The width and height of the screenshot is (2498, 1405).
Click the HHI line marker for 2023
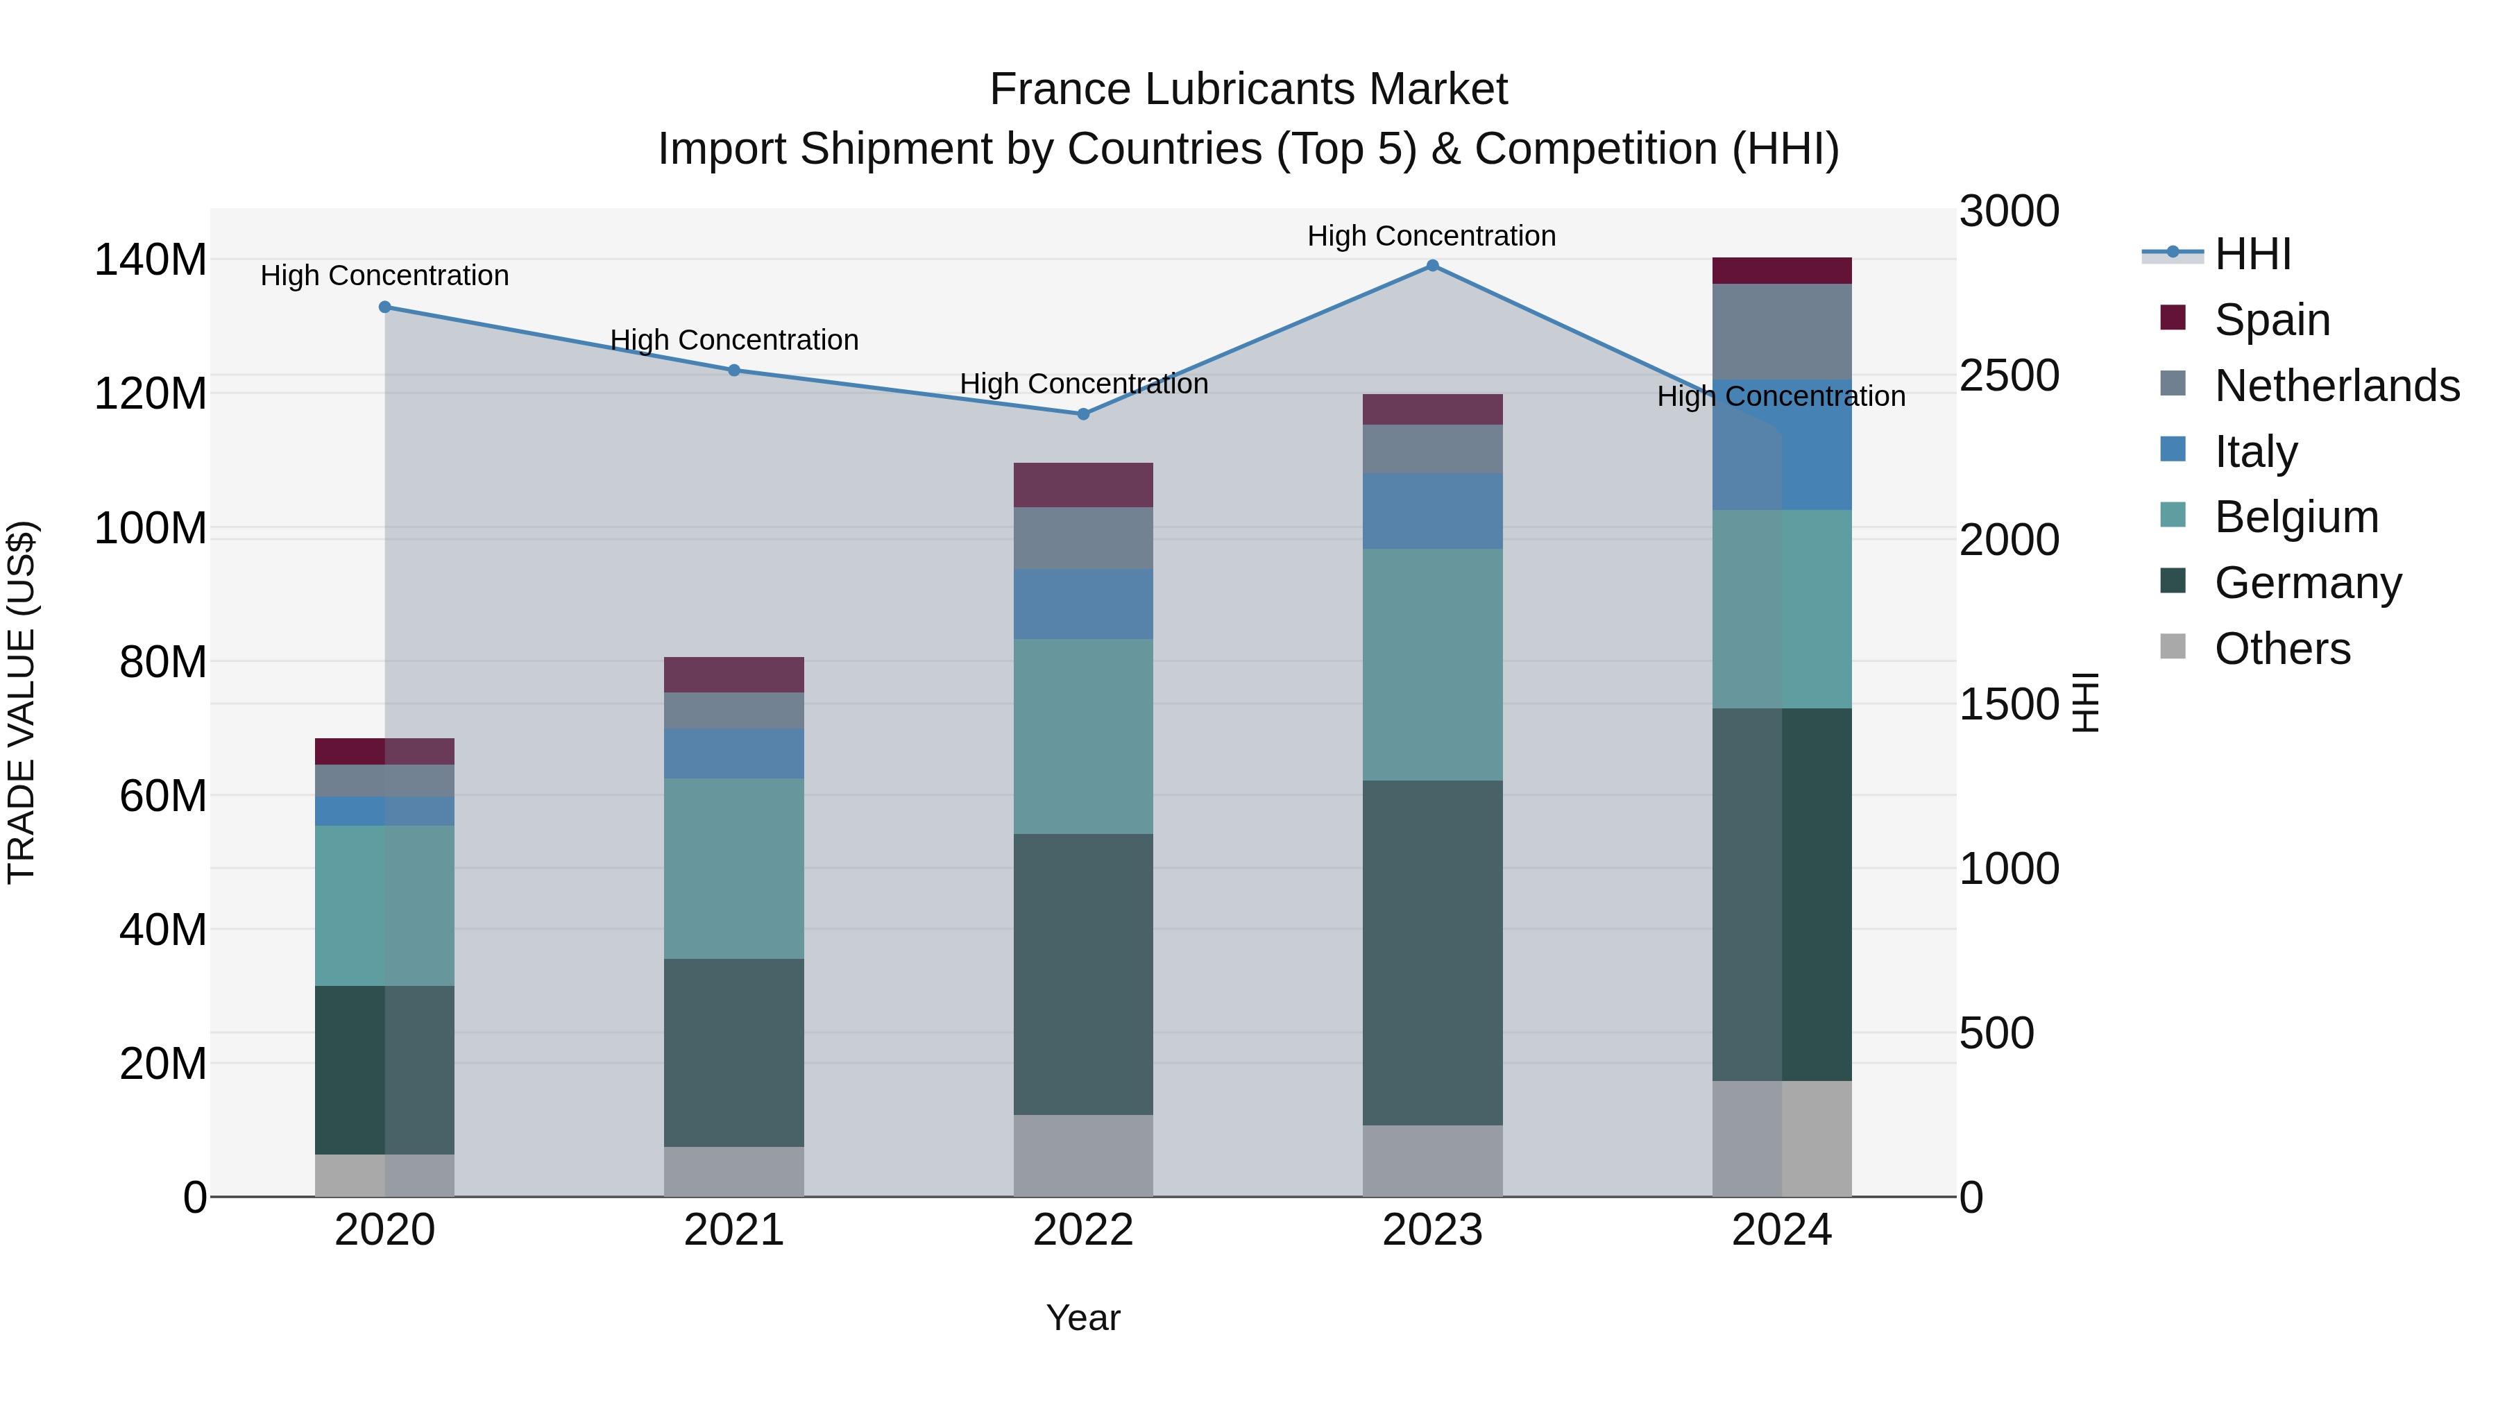pyautogui.click(x=1432, y=266)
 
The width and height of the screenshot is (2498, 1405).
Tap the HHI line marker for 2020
pyautogui.click(x=385, y=307)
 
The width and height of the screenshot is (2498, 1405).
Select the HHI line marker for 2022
pyautogui.click(x=1083, y=414)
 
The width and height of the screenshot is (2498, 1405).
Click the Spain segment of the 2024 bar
pyautogui.click(x=1781, y=271)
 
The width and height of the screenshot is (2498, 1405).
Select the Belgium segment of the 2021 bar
pyautogui.click(x=734, y=869)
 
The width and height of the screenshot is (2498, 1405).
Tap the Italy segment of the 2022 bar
pyautogui.click(x=1083, y=604)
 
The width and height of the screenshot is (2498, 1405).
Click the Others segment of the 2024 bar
pyautogui.click(x=1781, y=1139)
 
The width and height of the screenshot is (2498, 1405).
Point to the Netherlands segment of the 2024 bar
pyautogui.click(x=1781, y=332)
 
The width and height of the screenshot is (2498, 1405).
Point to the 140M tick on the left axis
pyautogui.click(x=151, y=260)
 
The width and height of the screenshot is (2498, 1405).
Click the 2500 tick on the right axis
pyautogui.click(x=2008, y=375)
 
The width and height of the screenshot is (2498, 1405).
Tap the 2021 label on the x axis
pyautogui.click(x=734, y=1230)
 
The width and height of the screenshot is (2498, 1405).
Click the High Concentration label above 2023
pyautogui.click(x=1431, y=236)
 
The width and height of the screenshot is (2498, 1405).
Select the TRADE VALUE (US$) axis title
pyautogui.click(x=22, y=702)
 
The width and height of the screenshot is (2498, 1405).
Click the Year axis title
pyautogui.click(x=1083, y=1318)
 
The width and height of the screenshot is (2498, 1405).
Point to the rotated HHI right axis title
pyautogui.click(x=2085, y=702)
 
